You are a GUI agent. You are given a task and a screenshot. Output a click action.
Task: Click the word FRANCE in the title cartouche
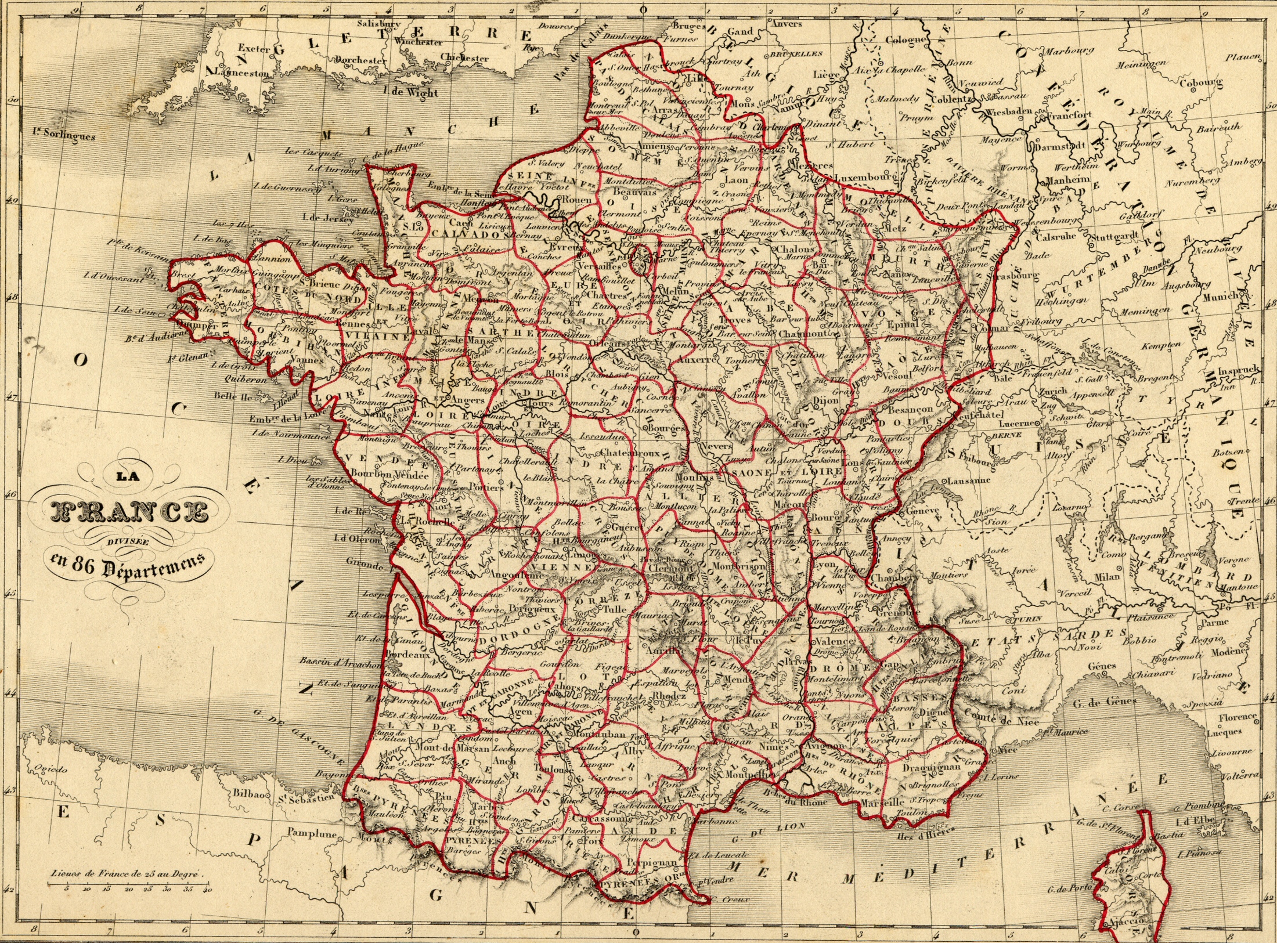[x=129, y=511]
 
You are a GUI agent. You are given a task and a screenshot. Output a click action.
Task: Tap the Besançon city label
[x=910, y=409]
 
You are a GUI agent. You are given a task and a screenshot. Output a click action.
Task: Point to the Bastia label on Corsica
[x=1168, y=836]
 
